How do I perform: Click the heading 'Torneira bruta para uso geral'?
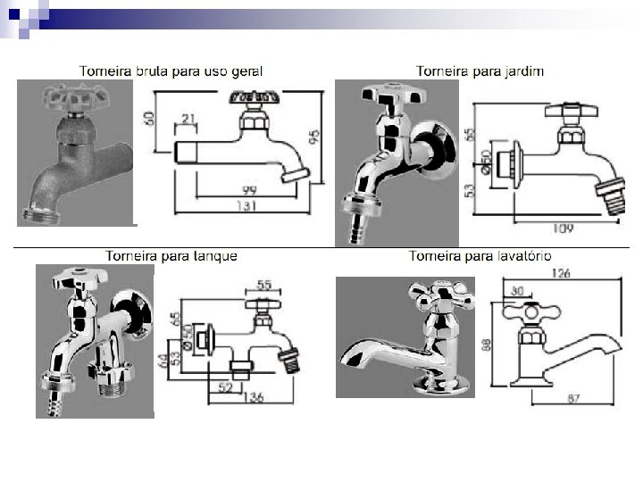[171, 70]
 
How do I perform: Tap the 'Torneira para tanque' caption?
[171, 256]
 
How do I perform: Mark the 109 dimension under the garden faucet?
[563, 229]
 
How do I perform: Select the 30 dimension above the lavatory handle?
[518, 290]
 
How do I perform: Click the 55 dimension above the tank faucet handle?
[264, 285]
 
